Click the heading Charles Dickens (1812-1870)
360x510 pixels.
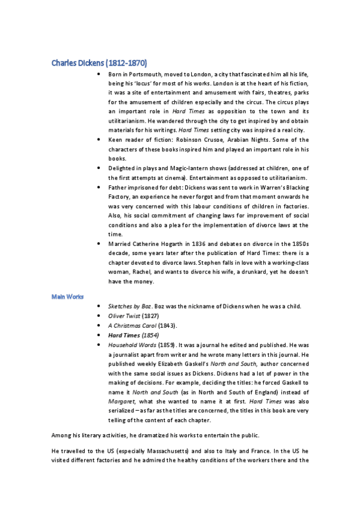point(99,63)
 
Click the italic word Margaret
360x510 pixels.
point(121,393)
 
